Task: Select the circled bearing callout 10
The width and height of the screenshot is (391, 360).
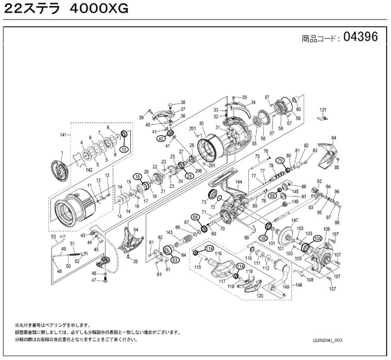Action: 124,149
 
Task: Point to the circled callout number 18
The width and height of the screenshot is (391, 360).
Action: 137,177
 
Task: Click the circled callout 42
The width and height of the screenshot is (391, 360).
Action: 161,139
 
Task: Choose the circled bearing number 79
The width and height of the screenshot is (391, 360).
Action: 280,161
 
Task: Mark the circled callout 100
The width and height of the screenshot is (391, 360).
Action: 263,238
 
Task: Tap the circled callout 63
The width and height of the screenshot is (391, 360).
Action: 175,260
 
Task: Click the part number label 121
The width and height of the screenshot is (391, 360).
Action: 323,110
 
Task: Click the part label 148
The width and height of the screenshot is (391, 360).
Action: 299,284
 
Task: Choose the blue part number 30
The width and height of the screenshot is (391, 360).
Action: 201,124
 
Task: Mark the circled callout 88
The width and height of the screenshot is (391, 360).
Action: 272,195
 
